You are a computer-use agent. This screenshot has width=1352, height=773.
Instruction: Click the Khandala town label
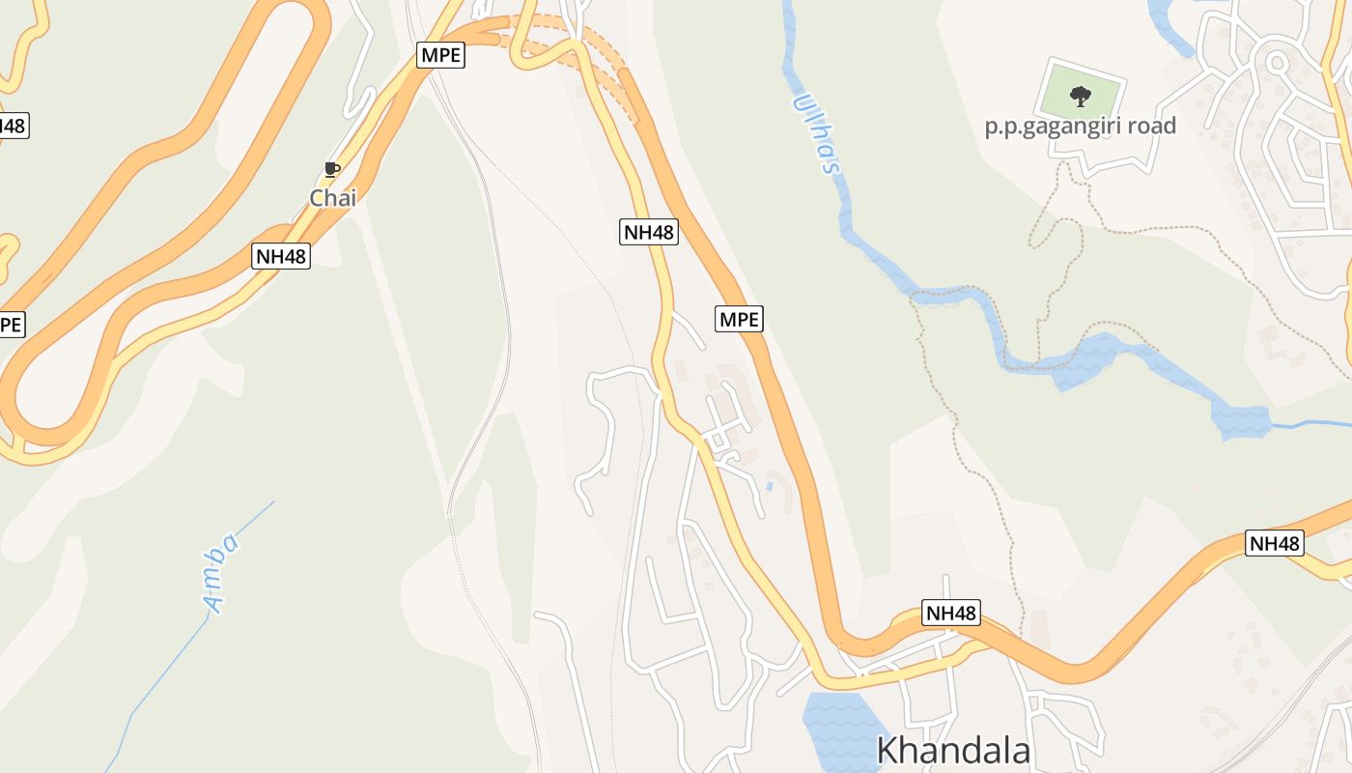[x=953, y=751]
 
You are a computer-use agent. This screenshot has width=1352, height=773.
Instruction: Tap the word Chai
[x=333, y=198]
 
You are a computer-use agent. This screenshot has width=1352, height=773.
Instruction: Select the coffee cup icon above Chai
[x=332, y=170]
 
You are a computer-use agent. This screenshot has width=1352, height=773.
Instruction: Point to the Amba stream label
[x=221, y=573]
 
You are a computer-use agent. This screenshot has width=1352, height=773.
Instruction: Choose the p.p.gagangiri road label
[x=1080, y=126]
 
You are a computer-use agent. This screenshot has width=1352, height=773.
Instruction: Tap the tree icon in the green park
[x=1080, y=96]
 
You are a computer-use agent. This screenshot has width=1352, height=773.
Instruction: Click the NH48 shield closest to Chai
[x=281, y=256]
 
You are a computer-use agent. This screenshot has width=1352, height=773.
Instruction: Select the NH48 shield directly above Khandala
[x=951, y=613]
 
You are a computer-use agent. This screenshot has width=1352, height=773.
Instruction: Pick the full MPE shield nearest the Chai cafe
[x=441, y=55]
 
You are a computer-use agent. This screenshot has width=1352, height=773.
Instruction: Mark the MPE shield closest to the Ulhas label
[x=740, y=318]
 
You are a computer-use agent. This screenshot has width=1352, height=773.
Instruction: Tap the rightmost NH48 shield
[x=1275, y=543]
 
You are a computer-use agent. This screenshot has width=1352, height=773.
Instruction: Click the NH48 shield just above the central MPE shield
[x=648, y=232]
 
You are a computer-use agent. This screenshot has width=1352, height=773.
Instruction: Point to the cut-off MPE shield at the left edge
[x=10, y=325]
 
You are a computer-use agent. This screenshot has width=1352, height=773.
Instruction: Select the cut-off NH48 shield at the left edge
[x=12, y=126]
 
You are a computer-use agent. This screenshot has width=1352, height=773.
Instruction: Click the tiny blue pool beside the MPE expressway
[x=770, y=486]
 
